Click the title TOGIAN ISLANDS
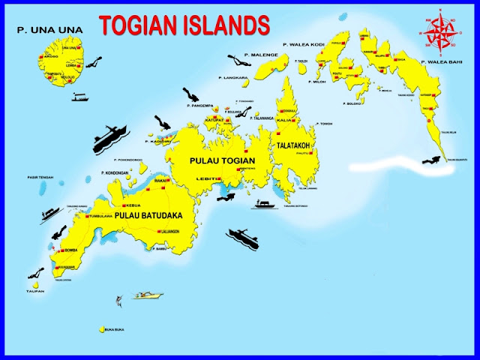[184, 25]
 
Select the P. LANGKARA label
[232, 77]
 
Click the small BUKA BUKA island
[100, 328]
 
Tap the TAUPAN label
[34, 291]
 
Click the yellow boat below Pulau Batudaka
[148, 295]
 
